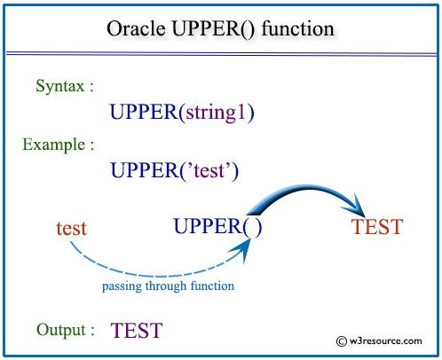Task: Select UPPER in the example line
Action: (142, 169)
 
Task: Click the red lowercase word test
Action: (71, 228)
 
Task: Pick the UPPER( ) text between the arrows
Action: (217, 227)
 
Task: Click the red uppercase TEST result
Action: (377, 227)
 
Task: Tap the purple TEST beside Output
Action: (137, 332)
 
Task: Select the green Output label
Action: (66, 330)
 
